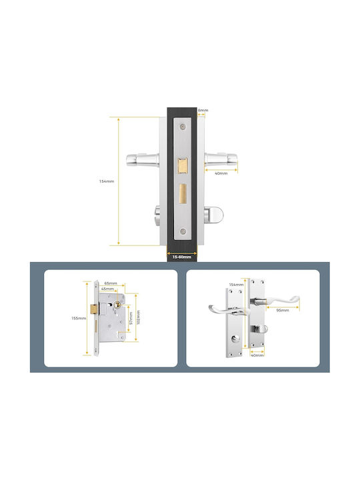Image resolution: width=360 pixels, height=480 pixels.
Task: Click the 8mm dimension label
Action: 203,110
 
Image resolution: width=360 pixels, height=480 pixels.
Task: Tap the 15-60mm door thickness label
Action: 182,257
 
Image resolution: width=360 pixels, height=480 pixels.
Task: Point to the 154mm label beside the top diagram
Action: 107,181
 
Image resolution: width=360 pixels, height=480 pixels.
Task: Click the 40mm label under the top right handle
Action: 221,173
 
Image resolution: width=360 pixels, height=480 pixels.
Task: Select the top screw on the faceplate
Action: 183,127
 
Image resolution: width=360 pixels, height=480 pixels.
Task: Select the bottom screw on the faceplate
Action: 183,231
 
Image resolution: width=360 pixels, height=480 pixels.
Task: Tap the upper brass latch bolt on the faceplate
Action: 183,166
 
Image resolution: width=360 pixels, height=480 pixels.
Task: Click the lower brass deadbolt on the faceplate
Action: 183,193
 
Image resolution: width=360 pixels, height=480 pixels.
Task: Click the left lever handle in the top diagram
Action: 143,159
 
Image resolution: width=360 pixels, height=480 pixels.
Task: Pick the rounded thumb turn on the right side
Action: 215,214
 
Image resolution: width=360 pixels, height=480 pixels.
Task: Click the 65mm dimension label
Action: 111,283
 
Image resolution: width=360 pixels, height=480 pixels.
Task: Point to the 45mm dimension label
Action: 107,289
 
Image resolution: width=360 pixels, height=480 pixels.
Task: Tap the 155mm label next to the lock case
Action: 79,318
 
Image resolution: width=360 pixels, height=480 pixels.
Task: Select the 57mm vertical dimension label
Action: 131,318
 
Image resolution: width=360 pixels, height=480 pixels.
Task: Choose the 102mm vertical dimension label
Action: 139,317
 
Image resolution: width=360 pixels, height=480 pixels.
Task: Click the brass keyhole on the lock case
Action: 117,305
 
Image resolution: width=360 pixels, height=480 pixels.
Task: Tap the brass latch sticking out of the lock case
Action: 94,309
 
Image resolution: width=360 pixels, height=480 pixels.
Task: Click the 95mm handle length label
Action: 283,310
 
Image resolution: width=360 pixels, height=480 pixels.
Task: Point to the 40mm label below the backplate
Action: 257,355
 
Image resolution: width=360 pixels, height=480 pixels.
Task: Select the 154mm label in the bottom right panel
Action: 236,285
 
